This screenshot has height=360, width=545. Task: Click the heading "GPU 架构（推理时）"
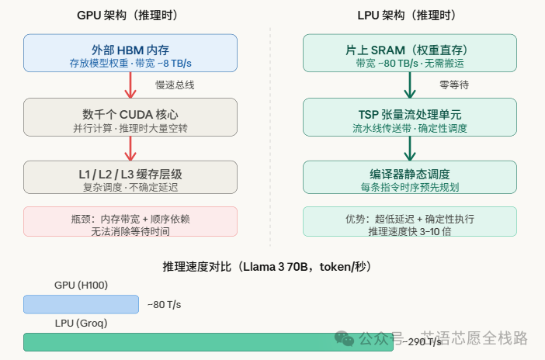[x=130, y=16]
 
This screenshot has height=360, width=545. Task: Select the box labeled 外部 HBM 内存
[x=130, y=54]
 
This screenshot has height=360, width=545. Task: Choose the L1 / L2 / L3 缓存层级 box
[x=130, y=177]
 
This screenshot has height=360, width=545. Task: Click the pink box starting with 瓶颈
[x=130, y=222]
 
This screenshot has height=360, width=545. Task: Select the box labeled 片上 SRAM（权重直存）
[x=409, y=54]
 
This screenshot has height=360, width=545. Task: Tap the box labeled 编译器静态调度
[x=409, y=177]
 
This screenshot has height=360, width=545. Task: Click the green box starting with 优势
[x=409, y=222]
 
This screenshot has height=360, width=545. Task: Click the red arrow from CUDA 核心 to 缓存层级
[x=130, y=147]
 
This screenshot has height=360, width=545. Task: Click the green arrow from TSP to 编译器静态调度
[x=409, y=147]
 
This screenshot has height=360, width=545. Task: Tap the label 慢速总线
[x=175, y=85]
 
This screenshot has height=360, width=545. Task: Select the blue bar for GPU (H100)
[x=81, y=304]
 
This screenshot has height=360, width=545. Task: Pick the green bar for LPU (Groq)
[x=208, y=341]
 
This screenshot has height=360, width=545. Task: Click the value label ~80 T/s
[x=164, y=305]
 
